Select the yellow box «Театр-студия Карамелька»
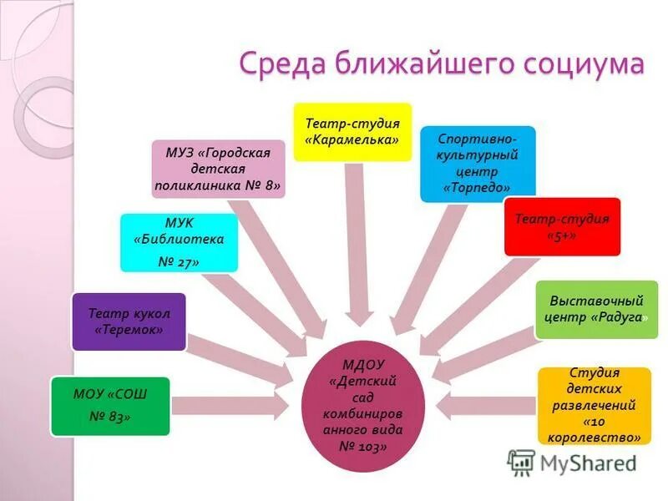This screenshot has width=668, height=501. point(352,132)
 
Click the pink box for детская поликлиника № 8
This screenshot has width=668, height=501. point(219,169)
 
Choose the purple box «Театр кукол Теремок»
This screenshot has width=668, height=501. point(129,321)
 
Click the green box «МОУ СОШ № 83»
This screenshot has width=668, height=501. point(110,406)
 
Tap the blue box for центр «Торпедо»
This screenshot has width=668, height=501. point(477,164)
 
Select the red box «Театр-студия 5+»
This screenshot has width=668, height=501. point(562,226)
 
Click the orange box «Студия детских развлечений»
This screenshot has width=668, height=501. point(594,405)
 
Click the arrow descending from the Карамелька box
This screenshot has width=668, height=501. point(356,242)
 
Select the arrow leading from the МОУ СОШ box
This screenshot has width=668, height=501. point(234,406)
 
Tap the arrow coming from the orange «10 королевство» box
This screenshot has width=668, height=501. point(484,406)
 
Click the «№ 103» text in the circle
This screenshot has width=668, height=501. point(363,447)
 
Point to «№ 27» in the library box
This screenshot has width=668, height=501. point(179,261)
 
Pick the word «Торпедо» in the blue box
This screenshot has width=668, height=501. point(478,188)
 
